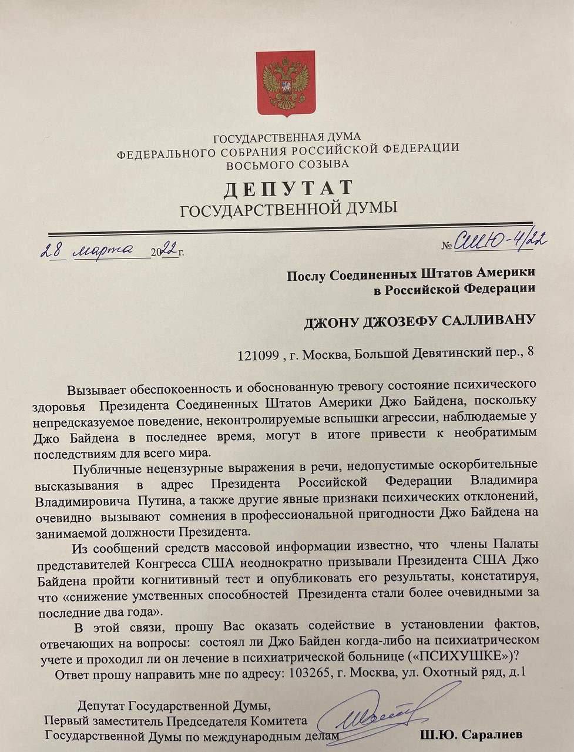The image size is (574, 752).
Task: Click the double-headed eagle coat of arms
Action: [286, 83]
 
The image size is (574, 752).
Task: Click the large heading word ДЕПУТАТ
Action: [288, 189]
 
